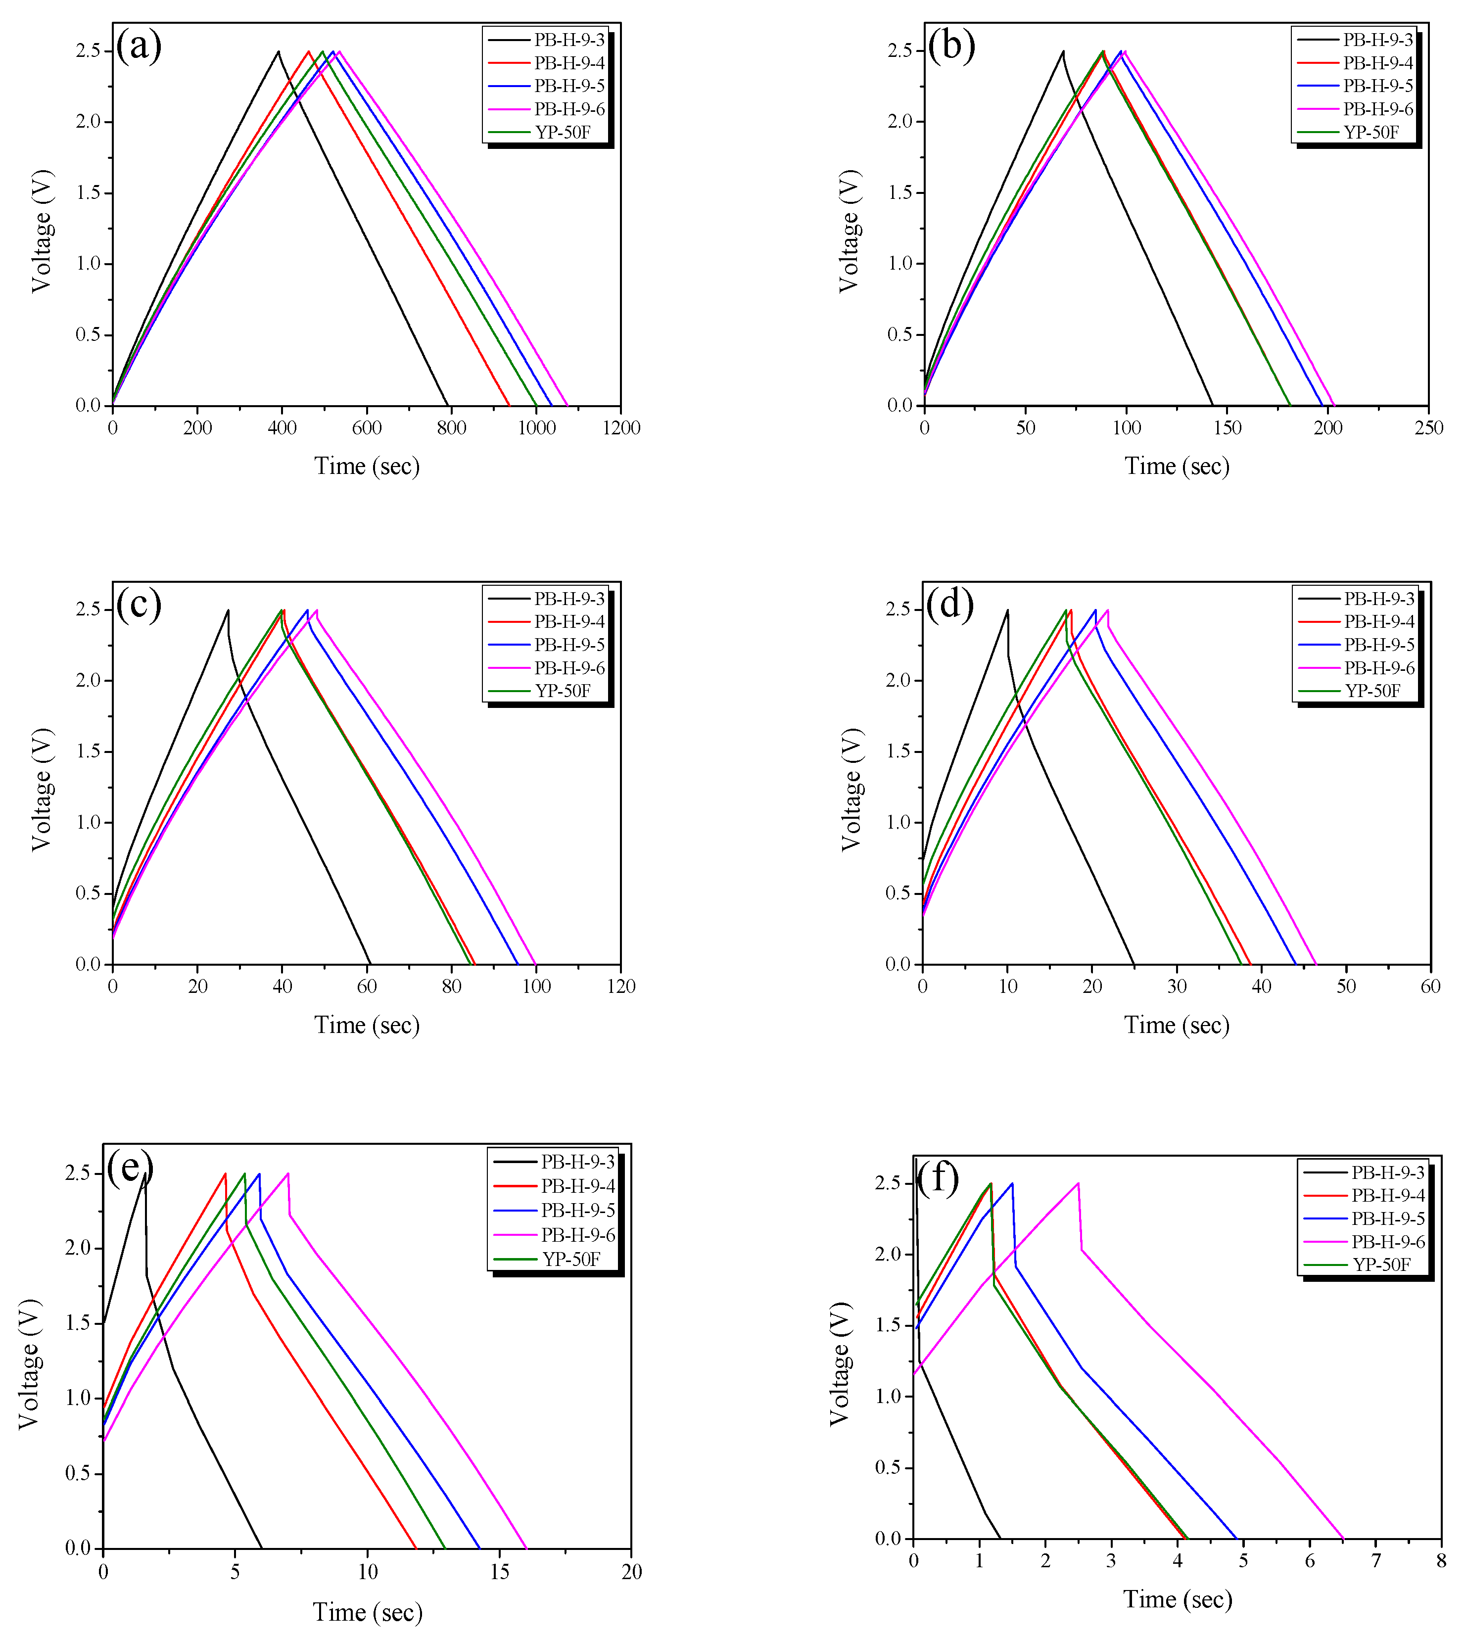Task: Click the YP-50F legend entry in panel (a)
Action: (x=563, y=132)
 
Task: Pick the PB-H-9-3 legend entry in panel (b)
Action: (x=1377, y=40)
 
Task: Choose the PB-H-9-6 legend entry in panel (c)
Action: (x=569, y=668)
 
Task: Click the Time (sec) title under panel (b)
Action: (x=1177, y=466)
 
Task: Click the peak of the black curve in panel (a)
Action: (x=279, y=51)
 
